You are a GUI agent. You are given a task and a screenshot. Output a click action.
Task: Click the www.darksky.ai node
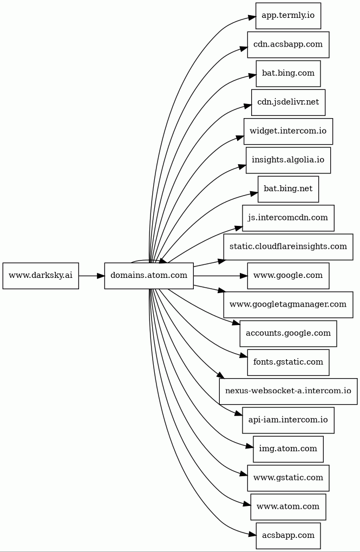[41, 276]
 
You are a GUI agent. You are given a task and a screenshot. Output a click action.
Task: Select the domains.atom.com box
[149, 276]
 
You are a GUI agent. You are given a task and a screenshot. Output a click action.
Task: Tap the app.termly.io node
[288, 16]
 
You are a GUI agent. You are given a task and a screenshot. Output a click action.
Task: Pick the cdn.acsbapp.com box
[288, 45]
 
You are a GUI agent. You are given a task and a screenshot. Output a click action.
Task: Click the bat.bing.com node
[288, 74]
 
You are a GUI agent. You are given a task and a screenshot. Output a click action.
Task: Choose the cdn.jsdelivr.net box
[288, 102]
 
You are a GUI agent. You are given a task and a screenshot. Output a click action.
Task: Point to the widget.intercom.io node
[288, 131]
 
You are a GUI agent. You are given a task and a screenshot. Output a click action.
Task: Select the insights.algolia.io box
[288, 160]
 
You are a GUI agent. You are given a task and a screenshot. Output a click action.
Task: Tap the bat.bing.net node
[288, 189]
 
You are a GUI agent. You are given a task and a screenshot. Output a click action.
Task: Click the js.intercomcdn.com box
[288, 218]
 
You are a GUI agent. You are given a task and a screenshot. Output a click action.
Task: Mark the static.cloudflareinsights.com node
[288, 247]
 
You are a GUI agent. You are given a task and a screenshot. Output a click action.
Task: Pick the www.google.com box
[288, 276]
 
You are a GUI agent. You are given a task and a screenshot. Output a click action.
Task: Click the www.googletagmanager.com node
[288, 304]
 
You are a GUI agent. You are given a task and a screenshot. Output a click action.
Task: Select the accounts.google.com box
[288, 333]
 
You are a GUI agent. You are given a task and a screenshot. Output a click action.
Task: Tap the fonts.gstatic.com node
[288, 362]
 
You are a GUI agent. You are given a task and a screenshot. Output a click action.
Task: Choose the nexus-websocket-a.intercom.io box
[288, 391]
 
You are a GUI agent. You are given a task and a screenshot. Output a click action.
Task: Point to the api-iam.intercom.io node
[288, 420]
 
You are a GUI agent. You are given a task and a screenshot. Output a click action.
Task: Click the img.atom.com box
[288, 449]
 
